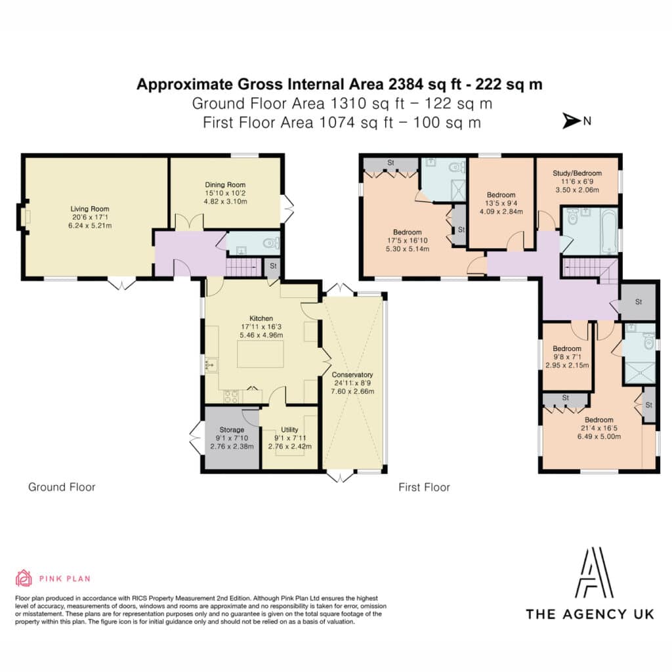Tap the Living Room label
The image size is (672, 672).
[x=90, y=209]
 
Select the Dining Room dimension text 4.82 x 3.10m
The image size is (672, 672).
[x=226, y=201]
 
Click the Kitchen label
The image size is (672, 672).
[x=261, y=318]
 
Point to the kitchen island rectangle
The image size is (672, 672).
[x=261, y=354]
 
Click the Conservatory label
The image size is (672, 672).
[x=352, y=375]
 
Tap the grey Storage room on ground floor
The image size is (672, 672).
[x=232, y=437]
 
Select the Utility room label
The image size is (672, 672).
[x=289, y=429]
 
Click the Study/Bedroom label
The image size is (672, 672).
[x=577, y=173]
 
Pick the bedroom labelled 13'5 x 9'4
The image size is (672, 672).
[x=501, y=203]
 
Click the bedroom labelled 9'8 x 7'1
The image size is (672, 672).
[x=567, y=356]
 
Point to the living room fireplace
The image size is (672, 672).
[x=23, y=217]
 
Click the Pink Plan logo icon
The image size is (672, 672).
[x=24, y=578]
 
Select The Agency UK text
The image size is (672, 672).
[x=590, y=614]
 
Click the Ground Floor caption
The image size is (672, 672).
[x=62, y=487]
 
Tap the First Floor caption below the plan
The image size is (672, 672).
[x=425, y=488]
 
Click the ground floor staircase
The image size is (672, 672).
[x=243, y=268]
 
